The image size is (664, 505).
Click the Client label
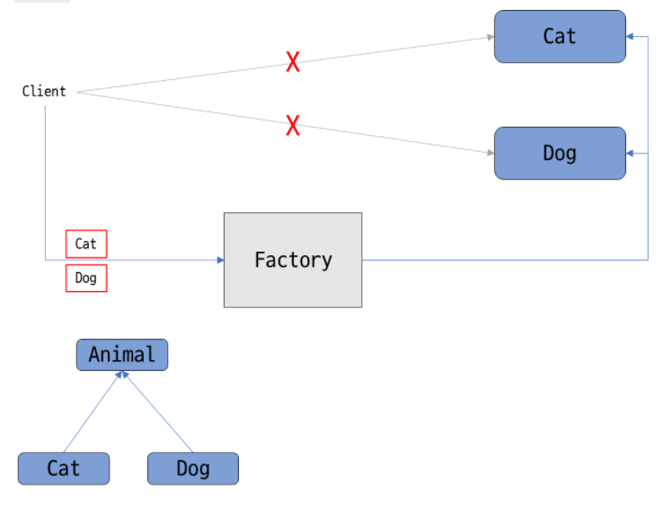[x=44, y=91]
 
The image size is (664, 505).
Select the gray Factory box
[x=293, y=260]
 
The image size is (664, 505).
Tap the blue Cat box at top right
[x=559, y=36]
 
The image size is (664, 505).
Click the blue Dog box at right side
[x=559, y=153]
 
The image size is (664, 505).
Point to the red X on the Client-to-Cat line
[x=293, y=62]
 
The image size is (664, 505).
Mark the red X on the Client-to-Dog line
[x=293, y=125]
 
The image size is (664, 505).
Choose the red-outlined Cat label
[x=86, y=244]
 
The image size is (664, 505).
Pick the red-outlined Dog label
[x=86, y=278]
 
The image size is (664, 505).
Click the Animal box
[x=122, y=354]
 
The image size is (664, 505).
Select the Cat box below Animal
[x=64, y=468]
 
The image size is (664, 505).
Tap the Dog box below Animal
[x=193, y=468]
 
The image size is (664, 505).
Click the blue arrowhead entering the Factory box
[x=219, y=260]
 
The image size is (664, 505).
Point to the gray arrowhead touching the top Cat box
[x=490, y=37]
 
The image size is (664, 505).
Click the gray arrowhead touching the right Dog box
[x=490, y=154]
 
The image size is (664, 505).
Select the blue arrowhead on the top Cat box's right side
[x=631, y=36]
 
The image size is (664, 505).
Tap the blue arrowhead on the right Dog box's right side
[x=631, y=154]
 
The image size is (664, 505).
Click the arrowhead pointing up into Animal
[x=122, y=375]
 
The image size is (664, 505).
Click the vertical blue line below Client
[x=45, y=180]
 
